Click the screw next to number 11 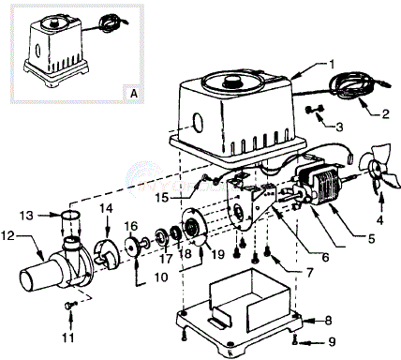(68, 305)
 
